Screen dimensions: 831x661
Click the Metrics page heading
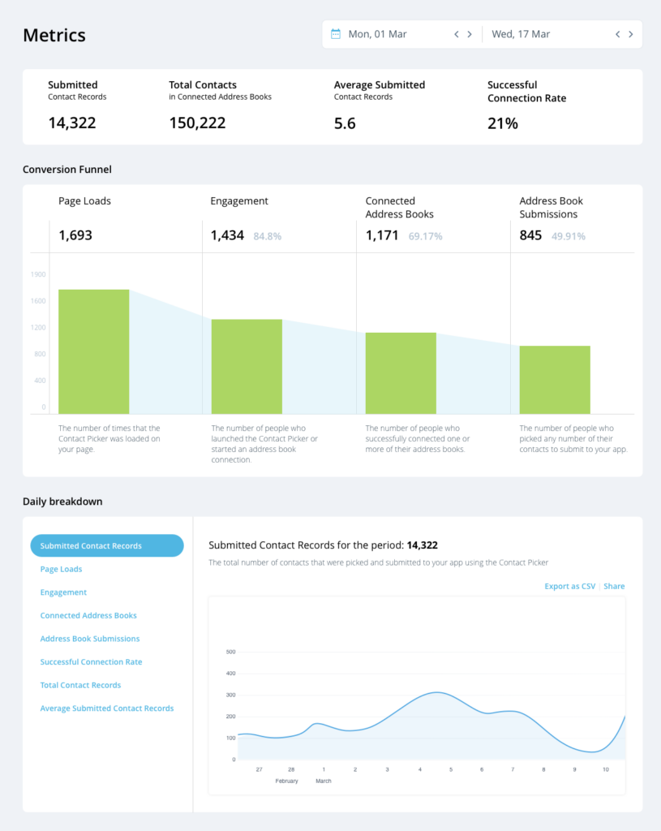tap(54, 35)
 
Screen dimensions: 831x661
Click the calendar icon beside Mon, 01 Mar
tap(336, 34)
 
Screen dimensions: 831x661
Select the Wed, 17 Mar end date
tap(521, 34)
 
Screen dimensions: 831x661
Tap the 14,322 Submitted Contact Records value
tap(72, 123)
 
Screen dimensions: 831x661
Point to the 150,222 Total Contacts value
tap(197, 123)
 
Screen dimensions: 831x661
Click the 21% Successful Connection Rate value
tap(503, 123)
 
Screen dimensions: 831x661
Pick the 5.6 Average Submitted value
tap(345, 123)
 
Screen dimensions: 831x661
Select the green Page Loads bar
tap(93, 351)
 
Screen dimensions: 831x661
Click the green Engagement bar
tap(247, 366)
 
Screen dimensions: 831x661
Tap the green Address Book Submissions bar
tap(555, 379)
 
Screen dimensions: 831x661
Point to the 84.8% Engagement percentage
tap(268, 236)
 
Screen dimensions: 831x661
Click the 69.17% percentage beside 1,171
tap(426, 236)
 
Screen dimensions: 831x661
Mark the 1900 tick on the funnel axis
tap(38, 274)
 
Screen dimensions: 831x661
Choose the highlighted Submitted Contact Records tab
tap(107, 546)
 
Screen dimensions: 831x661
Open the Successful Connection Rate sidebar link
tap(91, 662)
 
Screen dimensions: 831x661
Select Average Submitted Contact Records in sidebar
tap(107, 708)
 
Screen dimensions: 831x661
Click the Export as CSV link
tap(569, 586)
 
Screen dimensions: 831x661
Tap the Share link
tap(614, 586)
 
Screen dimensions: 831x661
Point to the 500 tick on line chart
tap(230, 652)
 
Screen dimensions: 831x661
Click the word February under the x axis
tap(286, 781)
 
